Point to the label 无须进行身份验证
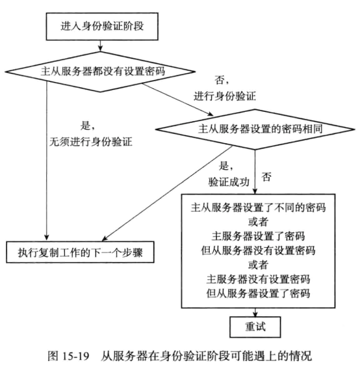[x=91, y=142]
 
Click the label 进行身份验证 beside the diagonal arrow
[x=225, y=96]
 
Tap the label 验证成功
[x=229, y=182]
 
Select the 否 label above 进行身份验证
[x=221, y=80]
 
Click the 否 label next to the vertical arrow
[x=266, y=177]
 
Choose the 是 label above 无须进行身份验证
[x=87, y=126]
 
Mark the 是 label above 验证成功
[x=225, y=166]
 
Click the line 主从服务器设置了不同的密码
[x=259, y=208]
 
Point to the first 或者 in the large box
[x=258, y=222]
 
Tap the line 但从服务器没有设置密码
[x=258, y=250]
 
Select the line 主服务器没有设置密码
[x=258, y=279]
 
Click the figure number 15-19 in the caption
[x=75, y=356]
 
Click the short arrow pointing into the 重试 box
[x=255, y=312]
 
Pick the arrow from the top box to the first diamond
[x=100, y=46]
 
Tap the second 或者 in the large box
[x=258, y=265]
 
